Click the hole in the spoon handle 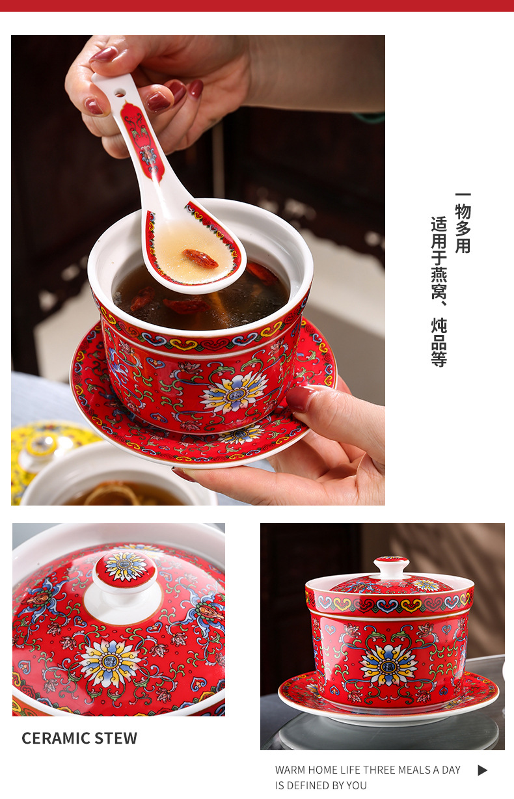pyautogui.click(x=120, y=94)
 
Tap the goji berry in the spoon pyautogui.click(x=200, y=258)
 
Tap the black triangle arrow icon pyautogui.click(x=482, y=770)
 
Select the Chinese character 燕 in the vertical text pyautogui.click(x=439, y=275)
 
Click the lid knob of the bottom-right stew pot pyautogui.click(x=391, y=567)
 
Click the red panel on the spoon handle pyautogui.click(x=142, y=142)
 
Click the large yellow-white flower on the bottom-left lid pyautogui.click(x=111, y=662)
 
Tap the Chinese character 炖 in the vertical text pyautogui.click(x=439, y=325)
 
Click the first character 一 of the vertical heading pyautogui.click(x=463, y=195)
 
